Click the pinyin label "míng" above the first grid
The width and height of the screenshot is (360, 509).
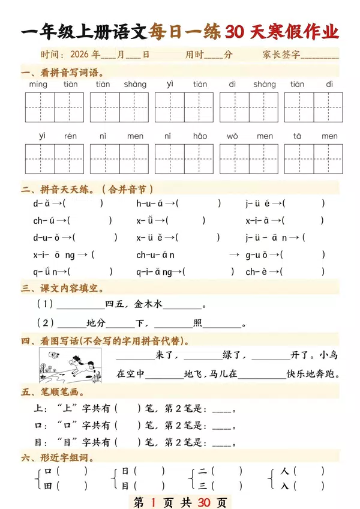click(38, 85)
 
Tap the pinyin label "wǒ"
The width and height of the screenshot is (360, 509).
click(232, 136)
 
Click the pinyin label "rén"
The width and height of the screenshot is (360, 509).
click(70, 136)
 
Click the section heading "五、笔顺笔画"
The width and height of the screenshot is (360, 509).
click(50, 393)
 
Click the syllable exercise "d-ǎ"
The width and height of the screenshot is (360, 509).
click(41, 203)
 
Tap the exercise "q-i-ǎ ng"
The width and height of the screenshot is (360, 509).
click(155, 272)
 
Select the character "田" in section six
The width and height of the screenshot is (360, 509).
click(48, 486)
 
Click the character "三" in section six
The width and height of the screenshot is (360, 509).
click(203, 486)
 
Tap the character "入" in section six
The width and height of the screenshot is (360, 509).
click(285, 486)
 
